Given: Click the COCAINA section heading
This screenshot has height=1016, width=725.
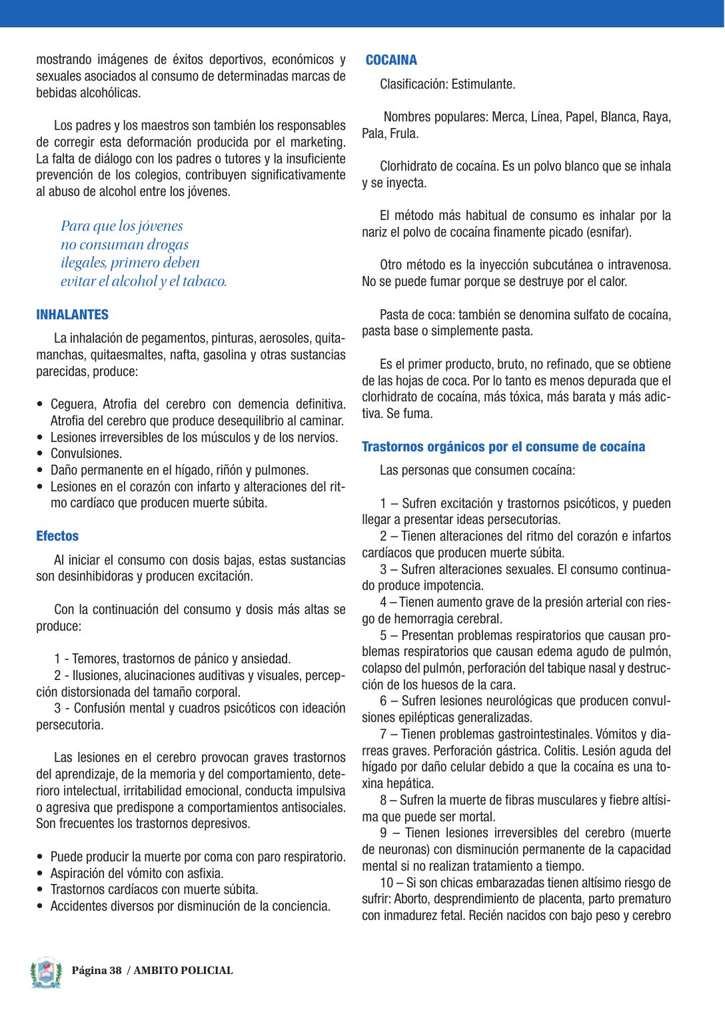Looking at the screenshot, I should click(391, 60).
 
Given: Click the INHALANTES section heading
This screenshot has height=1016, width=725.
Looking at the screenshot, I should click(72, 315).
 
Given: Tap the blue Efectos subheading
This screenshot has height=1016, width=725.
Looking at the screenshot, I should click(57, 536).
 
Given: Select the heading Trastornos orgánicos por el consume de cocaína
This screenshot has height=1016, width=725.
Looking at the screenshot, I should click(503, 447).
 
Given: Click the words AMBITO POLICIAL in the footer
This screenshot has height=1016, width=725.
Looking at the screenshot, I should click(183, 971).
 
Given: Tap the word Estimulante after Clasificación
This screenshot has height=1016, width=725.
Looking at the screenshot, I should click(483, 85).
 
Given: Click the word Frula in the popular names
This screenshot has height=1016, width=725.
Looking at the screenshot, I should click(403, 134).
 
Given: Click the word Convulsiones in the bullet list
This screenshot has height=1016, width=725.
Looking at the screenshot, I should click(86, 454).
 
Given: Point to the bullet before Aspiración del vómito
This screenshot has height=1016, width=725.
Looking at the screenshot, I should click(41, 873).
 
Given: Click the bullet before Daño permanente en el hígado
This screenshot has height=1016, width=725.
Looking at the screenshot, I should click(41, 471).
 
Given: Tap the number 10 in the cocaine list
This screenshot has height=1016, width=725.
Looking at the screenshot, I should click(386, 883).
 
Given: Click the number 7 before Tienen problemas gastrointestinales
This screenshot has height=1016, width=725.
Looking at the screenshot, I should click(383, 735).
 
